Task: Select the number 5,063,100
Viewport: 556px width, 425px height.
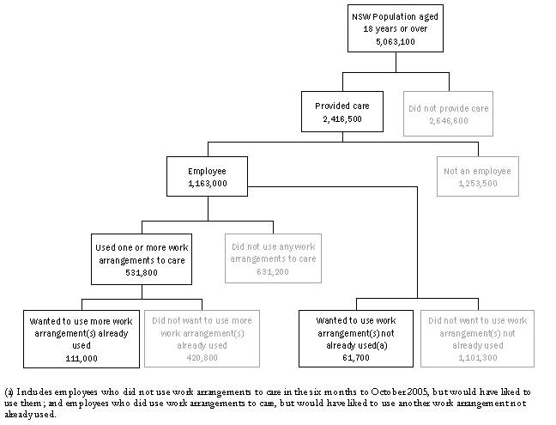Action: tap(395, 39)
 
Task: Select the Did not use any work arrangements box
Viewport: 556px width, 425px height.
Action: tap(271, 253)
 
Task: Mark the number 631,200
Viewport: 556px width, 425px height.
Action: tap(271, 271)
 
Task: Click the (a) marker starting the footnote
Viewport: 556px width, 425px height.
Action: tap(9, 391)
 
